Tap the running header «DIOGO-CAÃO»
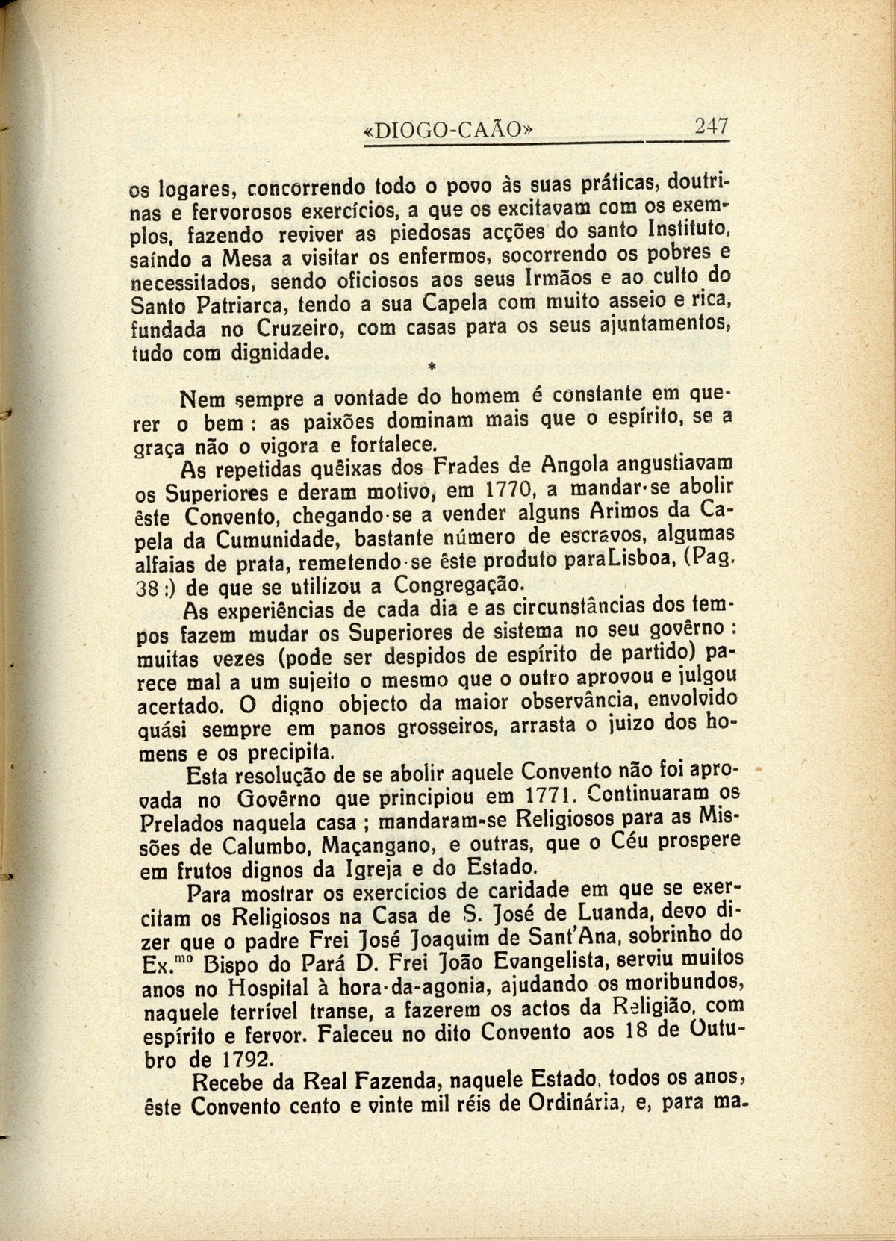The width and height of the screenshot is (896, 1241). [x=447, y=130]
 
